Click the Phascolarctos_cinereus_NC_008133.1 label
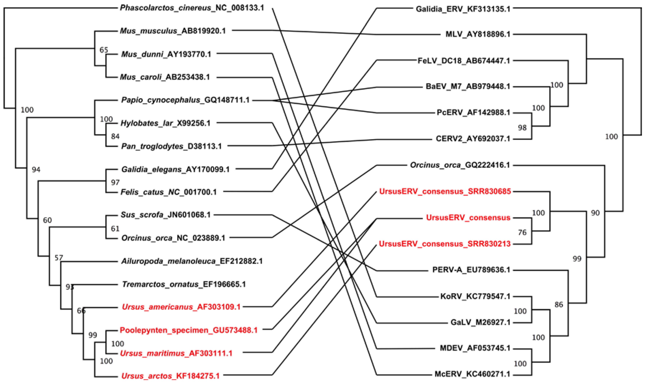coord(192,8)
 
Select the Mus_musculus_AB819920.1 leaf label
coord(173,31)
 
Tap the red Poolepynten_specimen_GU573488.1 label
coord(188,330)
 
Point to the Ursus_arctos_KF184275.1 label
coord(170,376)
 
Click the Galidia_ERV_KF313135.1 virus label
coord(463,9)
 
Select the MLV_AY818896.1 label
coord(478,34)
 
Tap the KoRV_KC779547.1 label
coord(475,296)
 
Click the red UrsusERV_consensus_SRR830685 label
coord(445,191)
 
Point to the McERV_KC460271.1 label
coord(472,374)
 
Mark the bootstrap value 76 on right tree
coord(522,232)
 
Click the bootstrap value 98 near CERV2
coord(522,128)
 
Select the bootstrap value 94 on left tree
coord(36,170)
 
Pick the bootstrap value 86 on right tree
coord(559,305)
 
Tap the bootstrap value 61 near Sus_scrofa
coord(115,229)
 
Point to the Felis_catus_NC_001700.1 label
coord(168,192)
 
